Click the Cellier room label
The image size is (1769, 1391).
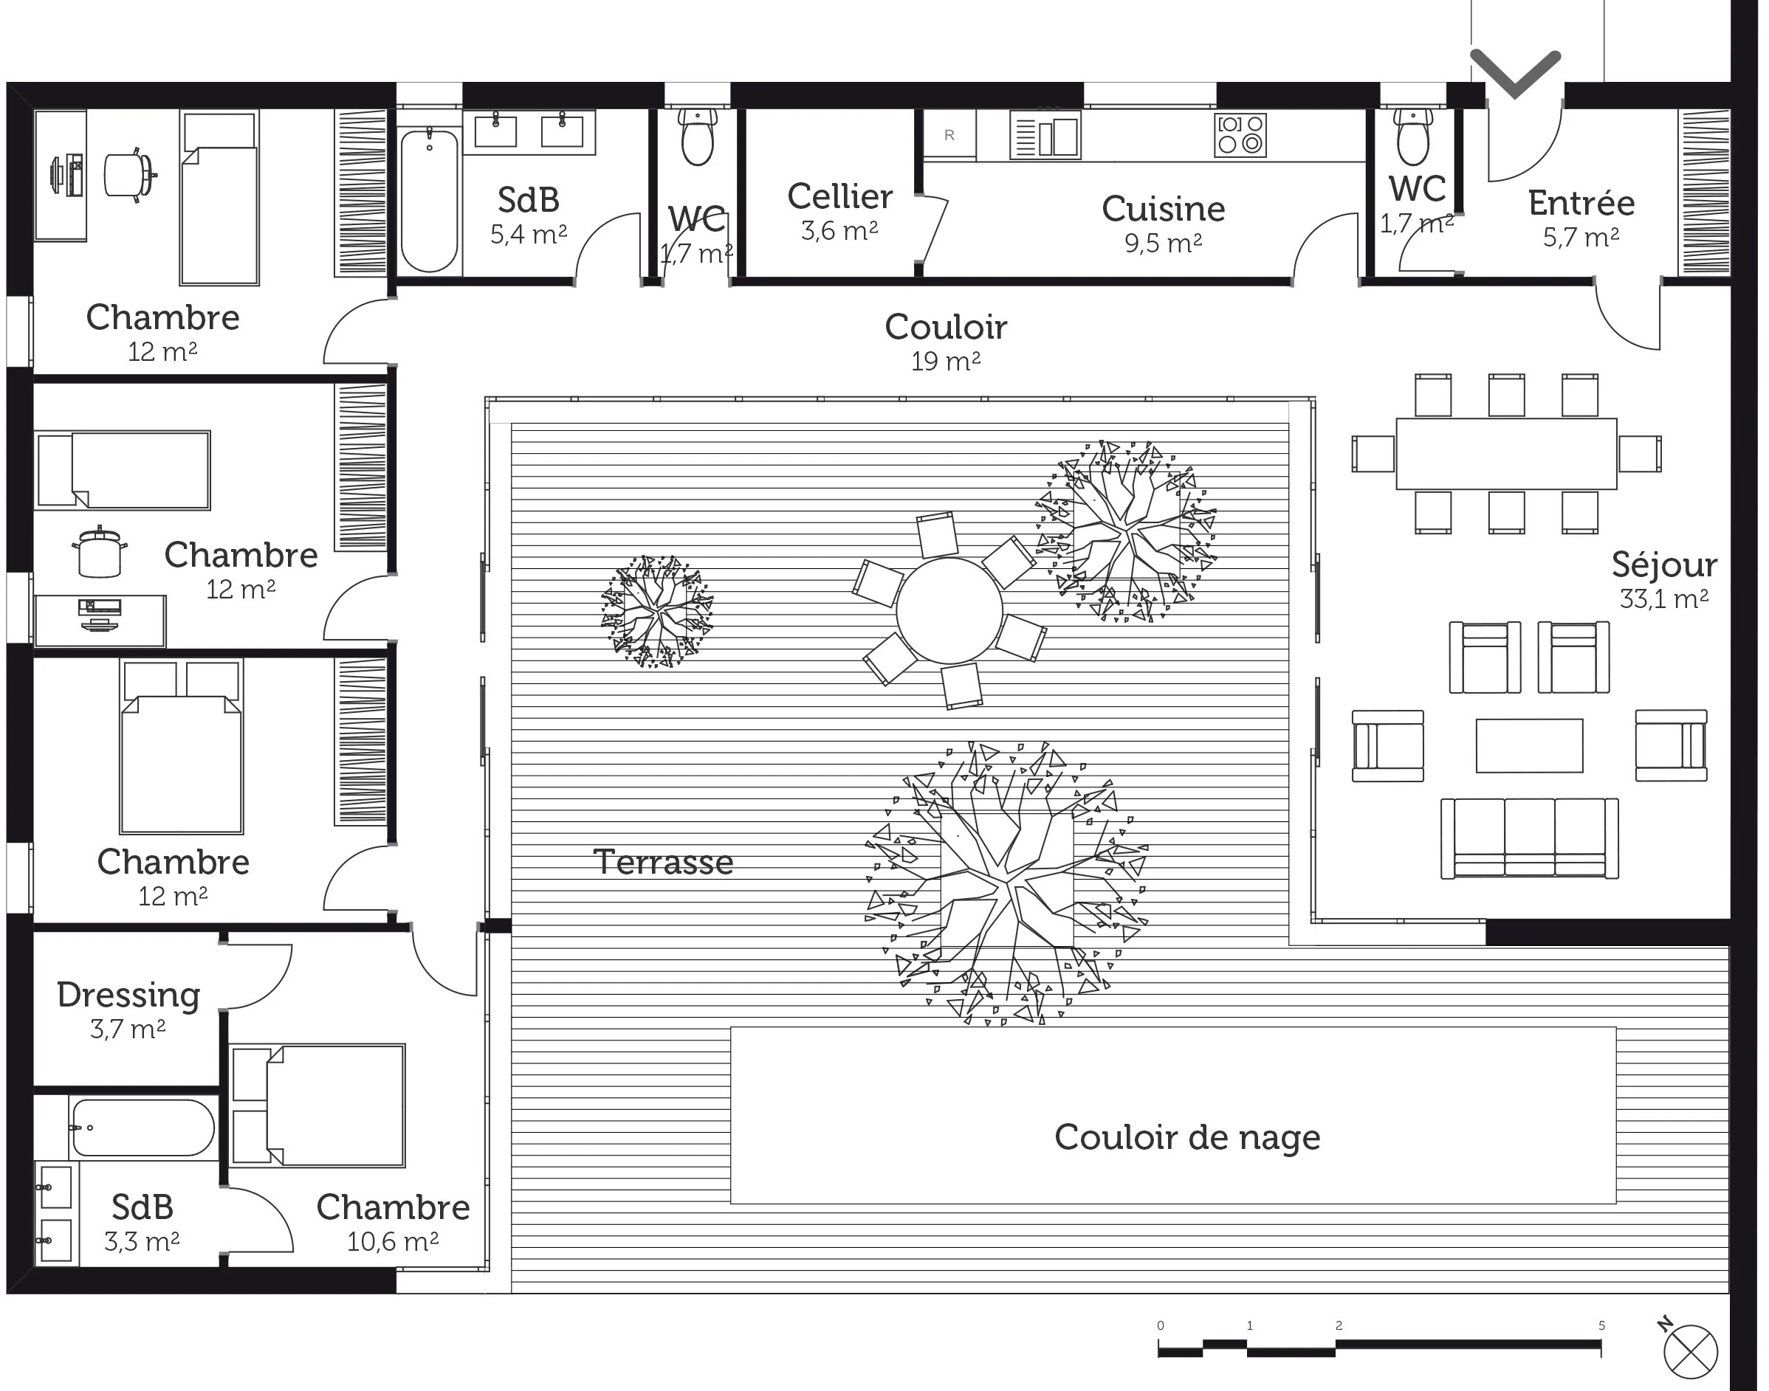click(840, 196)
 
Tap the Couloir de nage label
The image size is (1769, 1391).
click(1187, 1138)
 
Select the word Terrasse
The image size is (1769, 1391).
click(663, 863)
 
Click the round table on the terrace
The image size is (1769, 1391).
click(949, 611)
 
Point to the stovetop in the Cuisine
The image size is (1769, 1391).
click(1240, 135)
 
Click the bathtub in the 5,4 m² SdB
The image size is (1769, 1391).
click(430, 199)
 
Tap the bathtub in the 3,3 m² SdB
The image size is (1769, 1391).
click(142, 1128)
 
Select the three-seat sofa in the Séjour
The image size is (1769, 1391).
click(1530, 839)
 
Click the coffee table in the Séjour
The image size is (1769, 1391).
click(1530, 745)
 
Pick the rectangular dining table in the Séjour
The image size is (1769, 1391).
click(1506, 454)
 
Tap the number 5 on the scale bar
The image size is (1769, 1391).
click(1601, 1326)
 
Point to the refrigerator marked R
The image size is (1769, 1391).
click(949, 135)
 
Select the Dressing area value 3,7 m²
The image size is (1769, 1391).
click(128, 1029)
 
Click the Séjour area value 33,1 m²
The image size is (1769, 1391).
click(1664, 599)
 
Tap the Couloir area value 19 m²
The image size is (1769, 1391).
click(945, 361)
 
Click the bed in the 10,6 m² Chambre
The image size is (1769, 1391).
click(317, 1106)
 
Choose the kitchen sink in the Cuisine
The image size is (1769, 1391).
click(1045, 135)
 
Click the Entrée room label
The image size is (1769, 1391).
click(1581, 203)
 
